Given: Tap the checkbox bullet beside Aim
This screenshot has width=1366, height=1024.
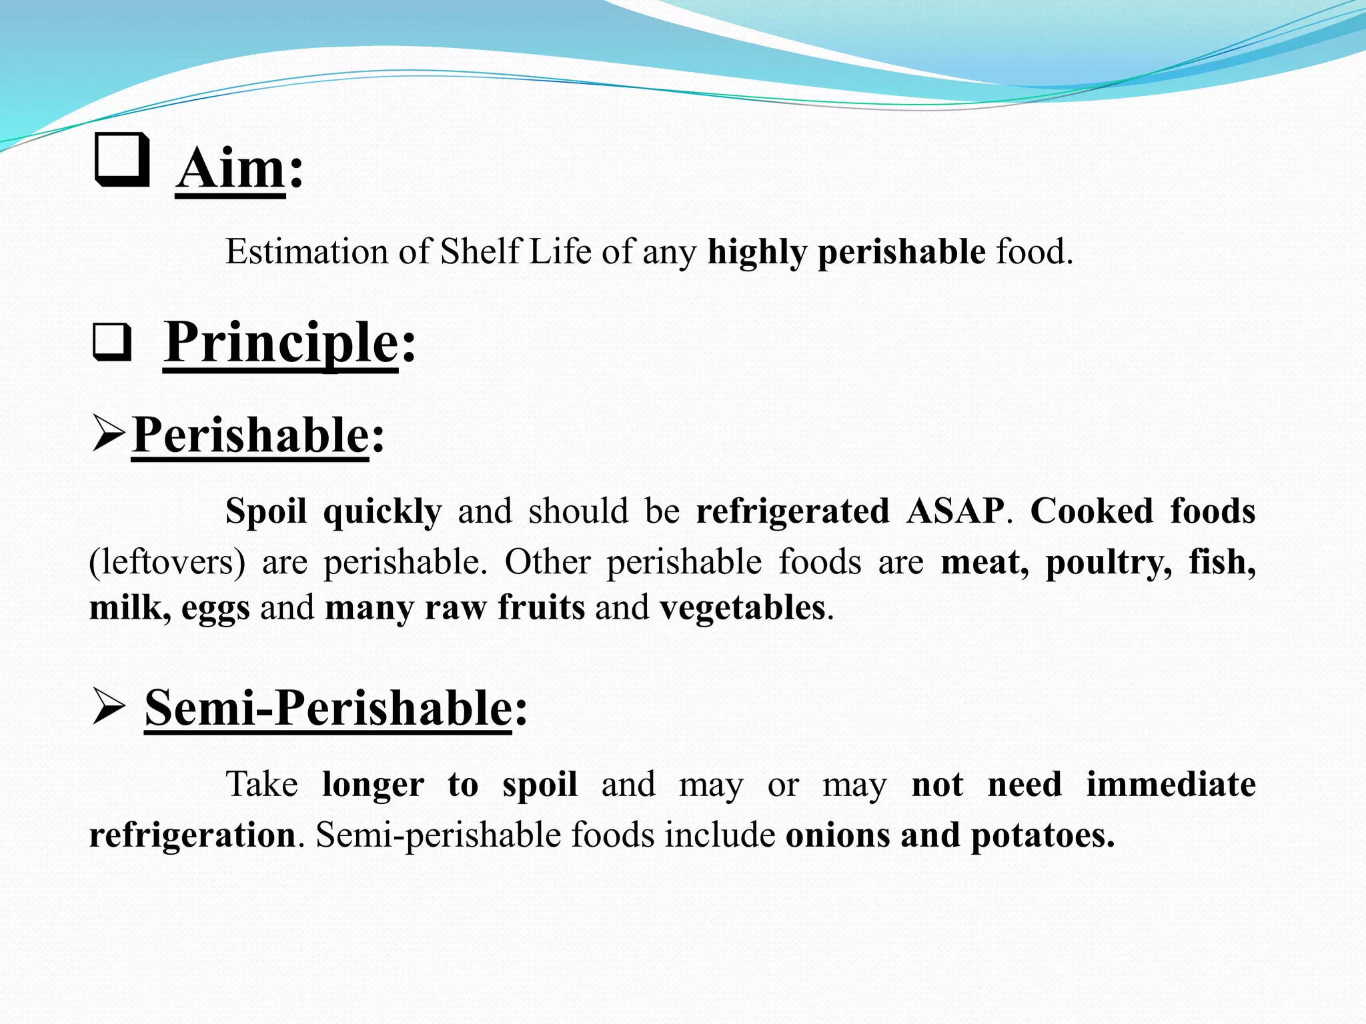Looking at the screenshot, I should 122,160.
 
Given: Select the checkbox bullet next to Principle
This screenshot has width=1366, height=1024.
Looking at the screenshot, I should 112,342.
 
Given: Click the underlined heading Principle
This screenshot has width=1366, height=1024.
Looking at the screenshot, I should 281,342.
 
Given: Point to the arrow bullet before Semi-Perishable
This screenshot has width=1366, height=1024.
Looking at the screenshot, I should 108,708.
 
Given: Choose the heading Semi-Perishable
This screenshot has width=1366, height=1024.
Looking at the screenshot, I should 328,708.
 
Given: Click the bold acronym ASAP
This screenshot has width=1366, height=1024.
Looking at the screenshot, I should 955,511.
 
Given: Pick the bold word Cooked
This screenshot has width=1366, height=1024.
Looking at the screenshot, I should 1092,511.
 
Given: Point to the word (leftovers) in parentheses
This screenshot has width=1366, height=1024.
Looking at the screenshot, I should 167,562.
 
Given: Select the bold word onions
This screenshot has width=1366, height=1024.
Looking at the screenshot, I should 838,835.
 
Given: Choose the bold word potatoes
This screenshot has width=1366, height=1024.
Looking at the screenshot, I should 1042,835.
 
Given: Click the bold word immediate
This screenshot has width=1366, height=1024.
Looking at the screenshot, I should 1171,784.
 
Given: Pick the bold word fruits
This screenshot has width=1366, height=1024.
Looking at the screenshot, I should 541,608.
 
